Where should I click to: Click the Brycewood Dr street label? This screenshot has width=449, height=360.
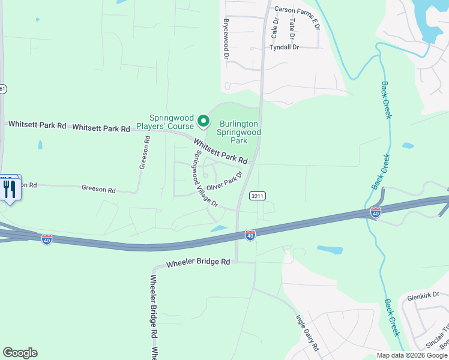[x=227, y=38]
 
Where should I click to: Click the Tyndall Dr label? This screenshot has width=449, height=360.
[x=284, y=47]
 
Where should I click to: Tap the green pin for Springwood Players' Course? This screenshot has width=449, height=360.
[x=203, y=121]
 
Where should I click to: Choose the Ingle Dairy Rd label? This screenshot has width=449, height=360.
[x=307, y=333]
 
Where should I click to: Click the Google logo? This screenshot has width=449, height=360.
[x=20, y=353]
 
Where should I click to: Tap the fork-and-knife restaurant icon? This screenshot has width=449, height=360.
[x=9, y=190]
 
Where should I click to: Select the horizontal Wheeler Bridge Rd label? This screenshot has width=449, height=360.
[x=198, y=263]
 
